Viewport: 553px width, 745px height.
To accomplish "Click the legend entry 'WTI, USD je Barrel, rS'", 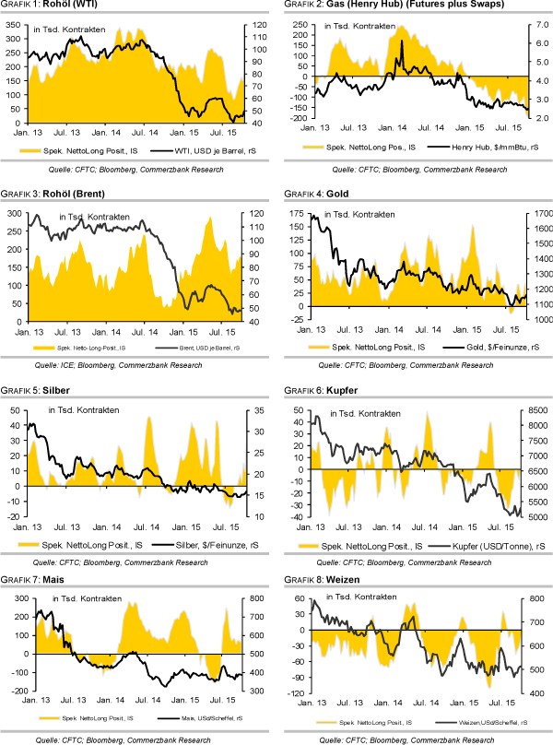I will click(194, 148).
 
